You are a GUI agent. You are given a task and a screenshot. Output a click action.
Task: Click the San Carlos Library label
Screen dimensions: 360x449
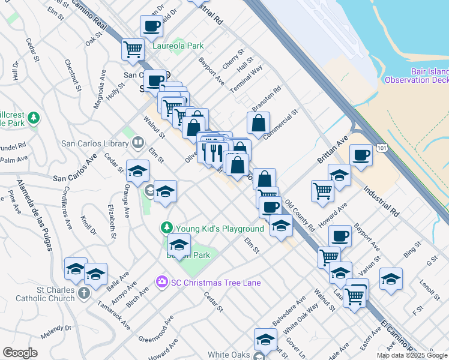(95, 143)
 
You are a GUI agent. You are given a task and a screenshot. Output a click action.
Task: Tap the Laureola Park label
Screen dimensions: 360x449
(178, 46)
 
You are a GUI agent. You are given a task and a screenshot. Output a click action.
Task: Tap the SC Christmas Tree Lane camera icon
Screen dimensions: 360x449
(161, 281)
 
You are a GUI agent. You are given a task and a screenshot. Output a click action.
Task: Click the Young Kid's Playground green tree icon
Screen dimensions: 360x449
(166, 228)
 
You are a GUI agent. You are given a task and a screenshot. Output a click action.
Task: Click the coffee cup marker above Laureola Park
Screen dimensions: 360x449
(151, 27)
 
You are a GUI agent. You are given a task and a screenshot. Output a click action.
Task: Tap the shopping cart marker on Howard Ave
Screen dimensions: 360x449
(323, 191)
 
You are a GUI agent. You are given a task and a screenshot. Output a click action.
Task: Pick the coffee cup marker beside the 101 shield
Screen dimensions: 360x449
(361, 155)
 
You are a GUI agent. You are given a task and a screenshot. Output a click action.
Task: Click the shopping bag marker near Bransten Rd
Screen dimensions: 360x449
(258, 124)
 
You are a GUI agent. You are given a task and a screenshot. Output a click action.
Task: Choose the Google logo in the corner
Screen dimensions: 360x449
(20, 353)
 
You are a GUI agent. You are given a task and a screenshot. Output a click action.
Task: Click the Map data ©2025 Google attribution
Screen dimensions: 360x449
(412, 355)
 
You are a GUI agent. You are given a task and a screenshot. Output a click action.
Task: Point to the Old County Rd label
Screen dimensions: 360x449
(300, 216)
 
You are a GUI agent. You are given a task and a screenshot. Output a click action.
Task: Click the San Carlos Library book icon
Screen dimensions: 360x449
(138, 143)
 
